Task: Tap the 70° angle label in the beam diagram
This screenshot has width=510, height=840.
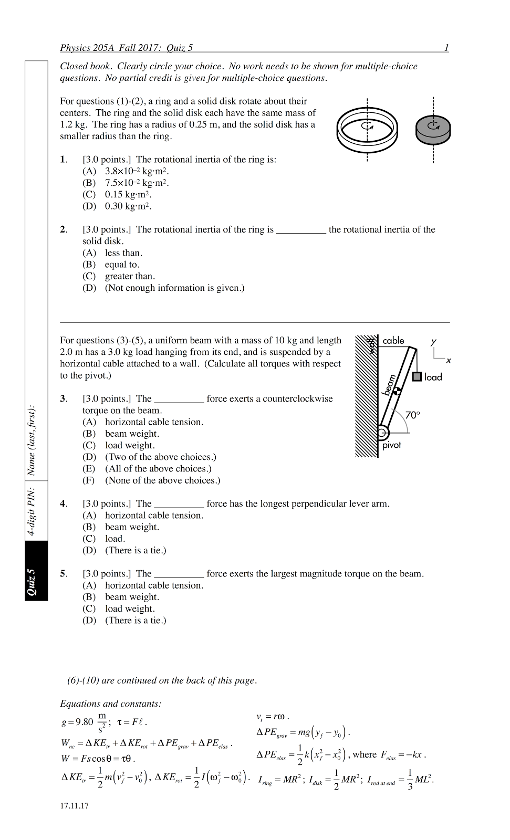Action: (x=412, y=415)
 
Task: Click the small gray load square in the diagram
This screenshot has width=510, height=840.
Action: (x=417, y=376)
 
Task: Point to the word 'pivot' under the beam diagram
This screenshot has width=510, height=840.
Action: (x=391, y=445)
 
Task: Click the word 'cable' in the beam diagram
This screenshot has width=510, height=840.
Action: (x=393, y=341)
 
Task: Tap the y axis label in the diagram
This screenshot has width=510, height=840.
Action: (x=434, y=341)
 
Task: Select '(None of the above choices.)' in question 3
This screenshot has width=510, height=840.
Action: (x=162, y=480)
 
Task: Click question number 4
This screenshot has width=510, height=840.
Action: (x=64, y=504)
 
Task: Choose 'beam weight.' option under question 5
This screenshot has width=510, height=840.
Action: (x=131, y=597)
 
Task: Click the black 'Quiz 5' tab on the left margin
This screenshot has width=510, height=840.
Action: (x=36, y=571)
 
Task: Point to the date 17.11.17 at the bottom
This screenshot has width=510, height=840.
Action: (x=74, y=806)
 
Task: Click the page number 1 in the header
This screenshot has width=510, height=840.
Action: (x=446, y=48)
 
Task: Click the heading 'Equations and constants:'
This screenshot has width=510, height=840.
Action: (x=110, y=704)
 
